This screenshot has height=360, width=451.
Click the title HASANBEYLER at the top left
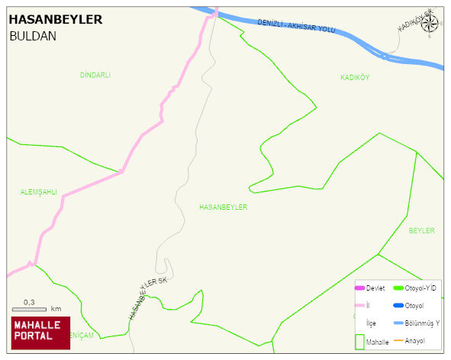point(55,19)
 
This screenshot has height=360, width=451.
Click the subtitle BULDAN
point(33,36)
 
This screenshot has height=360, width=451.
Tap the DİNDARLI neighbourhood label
point(95,75)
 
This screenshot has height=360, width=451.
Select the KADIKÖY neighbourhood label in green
point(355,78)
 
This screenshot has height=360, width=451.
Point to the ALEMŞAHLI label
point(39,192)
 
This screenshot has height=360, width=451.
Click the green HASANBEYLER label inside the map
point(223,207)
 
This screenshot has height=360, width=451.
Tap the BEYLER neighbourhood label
point(421,230)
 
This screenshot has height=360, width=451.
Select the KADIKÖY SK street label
point(414,21)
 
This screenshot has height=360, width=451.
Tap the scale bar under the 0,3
point(30,310)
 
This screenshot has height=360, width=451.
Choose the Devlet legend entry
point(375,288)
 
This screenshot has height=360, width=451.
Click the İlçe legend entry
point(371,323)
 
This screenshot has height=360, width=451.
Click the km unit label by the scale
point(56,309)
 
